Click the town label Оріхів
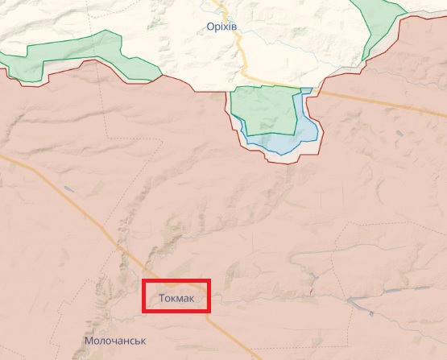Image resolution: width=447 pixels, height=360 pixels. point(222,27)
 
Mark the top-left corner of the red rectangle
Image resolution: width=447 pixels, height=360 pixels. point(143,280)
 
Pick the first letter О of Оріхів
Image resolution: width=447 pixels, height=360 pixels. point(209,27)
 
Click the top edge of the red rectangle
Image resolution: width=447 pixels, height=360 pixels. point(176,280)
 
